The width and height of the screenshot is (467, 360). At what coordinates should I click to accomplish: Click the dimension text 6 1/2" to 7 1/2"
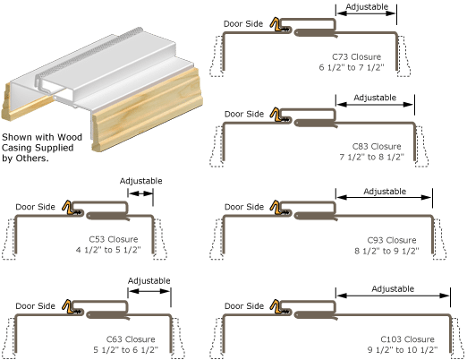[354, 66]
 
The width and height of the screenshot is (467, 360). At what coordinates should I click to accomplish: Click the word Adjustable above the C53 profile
[140, 180]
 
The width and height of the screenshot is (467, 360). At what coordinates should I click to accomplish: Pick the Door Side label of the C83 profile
[244, 115]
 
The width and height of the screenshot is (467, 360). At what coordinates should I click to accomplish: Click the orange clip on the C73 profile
[277, 24]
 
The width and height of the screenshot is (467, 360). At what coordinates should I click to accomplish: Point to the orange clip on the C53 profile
[69, 207]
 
